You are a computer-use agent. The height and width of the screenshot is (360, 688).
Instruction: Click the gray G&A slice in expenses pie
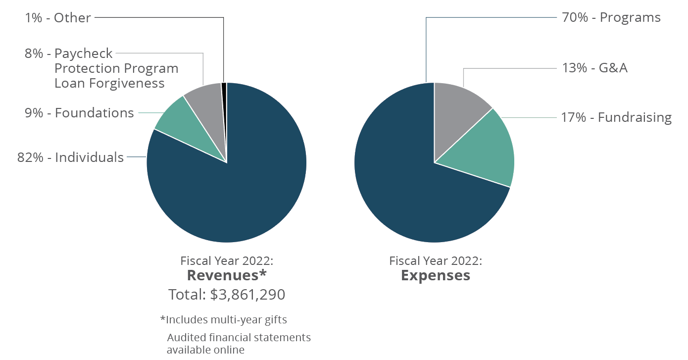click(x=455, y=109)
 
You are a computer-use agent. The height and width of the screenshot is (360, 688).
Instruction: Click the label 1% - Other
click(x=58, y=18)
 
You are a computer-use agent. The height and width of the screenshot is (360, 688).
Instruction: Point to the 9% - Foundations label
click(x=79, y=113)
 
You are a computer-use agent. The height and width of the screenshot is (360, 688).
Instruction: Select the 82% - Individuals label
click(x=70, y=157)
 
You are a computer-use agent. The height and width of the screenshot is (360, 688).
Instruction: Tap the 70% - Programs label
click(x=611, y=18)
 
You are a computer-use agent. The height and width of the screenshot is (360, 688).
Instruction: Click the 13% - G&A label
click(x=594, y=68)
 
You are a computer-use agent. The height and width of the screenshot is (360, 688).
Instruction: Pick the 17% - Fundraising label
click(x=616, y=117)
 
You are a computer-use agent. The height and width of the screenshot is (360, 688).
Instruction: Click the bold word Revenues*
click(x=227, y=275)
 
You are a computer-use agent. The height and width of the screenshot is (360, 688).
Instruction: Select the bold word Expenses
click(x=435, y=275)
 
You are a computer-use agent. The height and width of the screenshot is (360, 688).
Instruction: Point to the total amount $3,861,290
click(x=247, y=295)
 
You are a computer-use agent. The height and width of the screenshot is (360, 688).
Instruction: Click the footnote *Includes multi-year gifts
click(x=223, y=320)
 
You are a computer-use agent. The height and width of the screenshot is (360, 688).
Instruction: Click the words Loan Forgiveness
click(x=109, y=83)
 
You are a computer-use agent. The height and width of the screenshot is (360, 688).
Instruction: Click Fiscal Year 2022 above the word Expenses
click(x=435, y=260)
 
